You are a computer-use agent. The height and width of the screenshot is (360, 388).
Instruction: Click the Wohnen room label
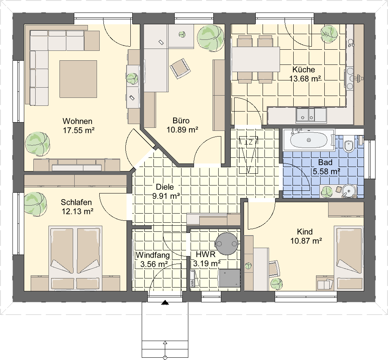click(x=77, y=121)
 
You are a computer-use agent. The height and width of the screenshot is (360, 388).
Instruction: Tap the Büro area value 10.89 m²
click(x=182, y=130)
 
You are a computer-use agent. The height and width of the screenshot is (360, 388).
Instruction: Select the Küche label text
click(x=304, y=69)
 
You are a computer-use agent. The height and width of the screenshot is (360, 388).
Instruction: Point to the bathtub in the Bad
click(x=308, y=140)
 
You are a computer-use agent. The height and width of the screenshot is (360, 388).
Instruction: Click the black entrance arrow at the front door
click(x=165, y=303)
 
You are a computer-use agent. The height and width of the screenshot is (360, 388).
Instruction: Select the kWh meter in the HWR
click(x=192, y=279)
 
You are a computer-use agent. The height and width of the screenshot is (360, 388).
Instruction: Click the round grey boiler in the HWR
click(x=227, y=244)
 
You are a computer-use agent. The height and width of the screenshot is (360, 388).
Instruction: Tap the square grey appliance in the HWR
click(x=230, y=278)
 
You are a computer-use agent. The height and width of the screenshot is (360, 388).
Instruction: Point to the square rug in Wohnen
click(x=78, y=79)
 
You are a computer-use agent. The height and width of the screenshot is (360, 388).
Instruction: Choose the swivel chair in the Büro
click(x=180, y=68)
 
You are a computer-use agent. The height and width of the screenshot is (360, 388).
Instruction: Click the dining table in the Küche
click(x=256, y=60)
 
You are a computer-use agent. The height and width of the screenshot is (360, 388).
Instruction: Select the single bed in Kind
click(x=349, y=258)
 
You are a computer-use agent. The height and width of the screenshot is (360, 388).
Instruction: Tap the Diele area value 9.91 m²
click(x=166, y=196)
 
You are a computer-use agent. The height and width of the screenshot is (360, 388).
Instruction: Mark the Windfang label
click(x=153, y=255)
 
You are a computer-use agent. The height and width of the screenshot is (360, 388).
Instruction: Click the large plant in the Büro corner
click(x=211, y=38)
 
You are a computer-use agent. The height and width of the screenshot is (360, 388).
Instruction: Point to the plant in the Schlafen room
click(x=35, y=204)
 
